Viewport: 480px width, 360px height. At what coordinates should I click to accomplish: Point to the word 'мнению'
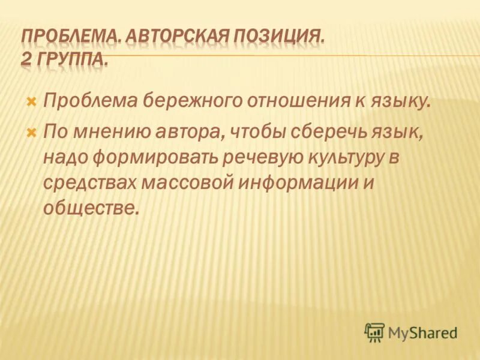click(107, 132)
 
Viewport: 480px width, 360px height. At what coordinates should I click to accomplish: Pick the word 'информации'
click(303, 182)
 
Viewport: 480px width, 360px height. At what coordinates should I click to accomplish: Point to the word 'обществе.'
click(91, 208)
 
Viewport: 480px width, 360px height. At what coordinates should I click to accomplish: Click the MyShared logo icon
click(374, 331)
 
